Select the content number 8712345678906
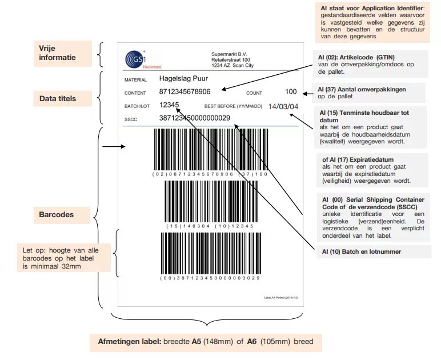click(x=185, y=92)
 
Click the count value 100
click(x=291, y=91)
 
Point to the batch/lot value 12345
click(x=169, y=105)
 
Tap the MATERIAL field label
click(x=135, y=80)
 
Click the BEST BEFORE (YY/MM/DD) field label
click(x=233, y=106)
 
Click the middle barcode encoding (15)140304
click(x=210, y=201)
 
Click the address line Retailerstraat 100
click(x=231, y=59)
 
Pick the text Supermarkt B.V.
click(x=228, y=54)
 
